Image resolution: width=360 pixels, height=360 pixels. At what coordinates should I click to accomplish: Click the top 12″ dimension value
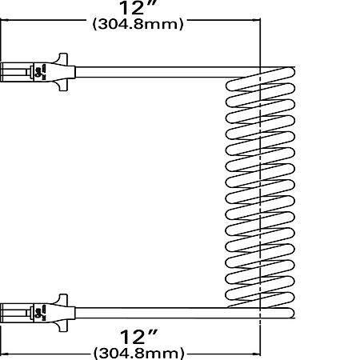click(x=138, y=7)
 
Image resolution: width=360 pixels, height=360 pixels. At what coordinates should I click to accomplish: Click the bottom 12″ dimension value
click(x=139, y=338)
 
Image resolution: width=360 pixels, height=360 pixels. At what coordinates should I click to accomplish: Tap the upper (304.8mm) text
click(x=138, y=25)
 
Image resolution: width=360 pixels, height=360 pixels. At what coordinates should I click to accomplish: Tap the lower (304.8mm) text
click(x=139, y=354)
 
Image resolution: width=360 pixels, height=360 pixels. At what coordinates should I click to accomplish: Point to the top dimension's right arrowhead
click(x=257, y=20)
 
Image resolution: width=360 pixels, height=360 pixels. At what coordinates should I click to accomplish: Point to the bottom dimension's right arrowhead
click(x=257, y=354)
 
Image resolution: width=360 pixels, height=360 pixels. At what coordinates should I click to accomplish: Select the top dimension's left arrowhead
click(x=5, y=20)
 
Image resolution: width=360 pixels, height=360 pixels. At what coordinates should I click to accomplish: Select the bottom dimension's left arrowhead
click(x=5, y=354)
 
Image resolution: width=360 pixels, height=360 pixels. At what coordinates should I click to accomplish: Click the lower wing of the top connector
click(x=62, y=86)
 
